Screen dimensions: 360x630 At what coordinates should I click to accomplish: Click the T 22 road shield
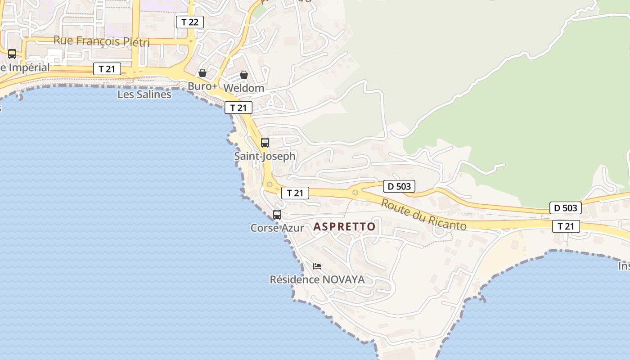pyautogui.click(x=189, y=22)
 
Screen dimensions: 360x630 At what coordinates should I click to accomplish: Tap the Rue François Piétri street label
pyautogui.click(x=101, y=41)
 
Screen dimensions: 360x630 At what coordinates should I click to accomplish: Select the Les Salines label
pyautogui.click(x=144, y=94)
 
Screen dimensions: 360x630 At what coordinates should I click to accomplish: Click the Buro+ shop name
pyautogui.click(x=202, y=86)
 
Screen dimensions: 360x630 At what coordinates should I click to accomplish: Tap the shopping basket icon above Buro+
pyautogui.click(x=202, y=73)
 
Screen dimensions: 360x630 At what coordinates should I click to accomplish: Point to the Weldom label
pyautogui.click(x=243, y=88)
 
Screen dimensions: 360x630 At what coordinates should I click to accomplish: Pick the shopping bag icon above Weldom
pyautogui.click(x=243, y=75)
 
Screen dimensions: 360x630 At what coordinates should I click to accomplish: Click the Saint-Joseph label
pyautogui.click(x=265, y=156)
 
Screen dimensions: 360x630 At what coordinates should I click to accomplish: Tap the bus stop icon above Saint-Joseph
pyautogui.click(x=265, y=143)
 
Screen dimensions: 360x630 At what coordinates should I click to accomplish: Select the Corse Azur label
pyautogui.click(x=277, y=228)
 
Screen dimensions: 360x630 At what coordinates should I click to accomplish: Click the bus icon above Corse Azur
pyautogui.click(x=277, y=215)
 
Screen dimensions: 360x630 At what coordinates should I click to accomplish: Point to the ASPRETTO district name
pyautogui.click(x=344, y=227)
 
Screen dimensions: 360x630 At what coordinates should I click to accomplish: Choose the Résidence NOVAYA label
pyautogui.click(x=317, y=279)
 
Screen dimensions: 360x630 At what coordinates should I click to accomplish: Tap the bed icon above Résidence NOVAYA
pyautogui.click(x=317, y=266)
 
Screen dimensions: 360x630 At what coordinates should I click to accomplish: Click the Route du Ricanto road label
pyautogui.click(x=423, y=214)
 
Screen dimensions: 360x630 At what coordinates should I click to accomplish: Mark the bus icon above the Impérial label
pyautogui.click(x=12, y=54)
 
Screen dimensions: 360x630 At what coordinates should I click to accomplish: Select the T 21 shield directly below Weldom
pyautogui.click(x=238, y=108)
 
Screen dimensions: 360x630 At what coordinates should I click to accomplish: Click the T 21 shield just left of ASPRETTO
pyautogui.click(x=295, y=193)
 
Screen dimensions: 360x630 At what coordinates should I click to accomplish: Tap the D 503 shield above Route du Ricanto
pyautogui.click(x=399, y=186)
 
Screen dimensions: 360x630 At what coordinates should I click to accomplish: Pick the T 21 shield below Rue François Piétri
pyautogui.click(x=107, y=69)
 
